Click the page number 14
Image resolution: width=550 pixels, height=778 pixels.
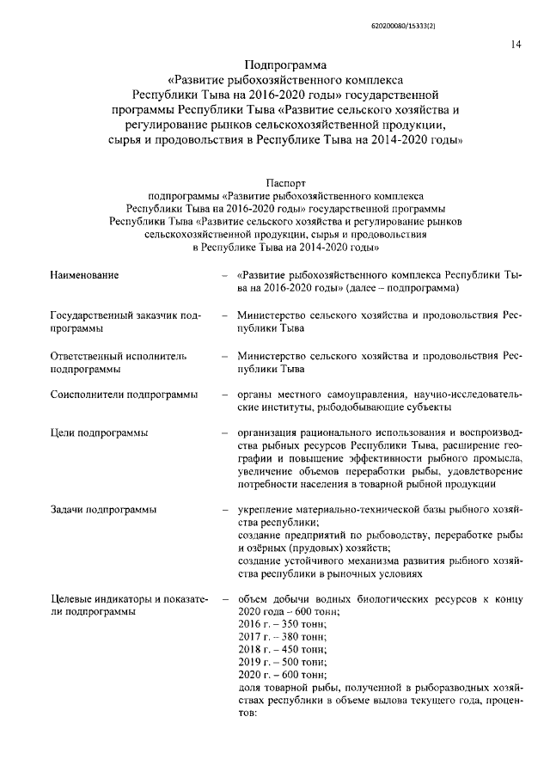pos(514,45)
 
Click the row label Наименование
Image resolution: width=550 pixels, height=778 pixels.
pos(84,274)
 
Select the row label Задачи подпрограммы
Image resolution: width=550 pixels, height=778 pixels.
pos(103,510)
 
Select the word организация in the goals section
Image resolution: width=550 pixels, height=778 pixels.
pos(271,432)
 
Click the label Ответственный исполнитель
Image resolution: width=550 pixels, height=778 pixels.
pos(119,354)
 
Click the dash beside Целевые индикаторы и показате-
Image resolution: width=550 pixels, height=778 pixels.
pos(225,598)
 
